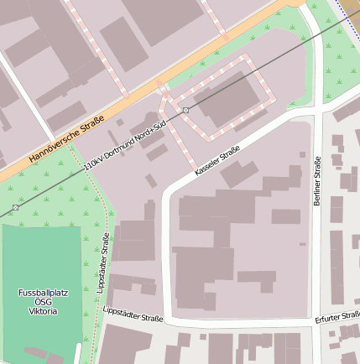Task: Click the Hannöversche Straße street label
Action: [66, 139]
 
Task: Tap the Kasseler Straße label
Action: [217, 160]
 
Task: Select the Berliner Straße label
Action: [317, 181]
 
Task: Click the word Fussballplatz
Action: [43, 293]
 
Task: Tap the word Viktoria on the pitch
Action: [43, 311]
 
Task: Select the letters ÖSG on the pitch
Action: [43, 302]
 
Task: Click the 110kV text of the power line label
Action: [95, 164]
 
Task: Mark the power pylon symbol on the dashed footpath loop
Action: [185, 110]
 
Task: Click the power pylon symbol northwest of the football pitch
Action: [15, 207]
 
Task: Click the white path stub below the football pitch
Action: [78, 353]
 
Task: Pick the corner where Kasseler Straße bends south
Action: [167, 195]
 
